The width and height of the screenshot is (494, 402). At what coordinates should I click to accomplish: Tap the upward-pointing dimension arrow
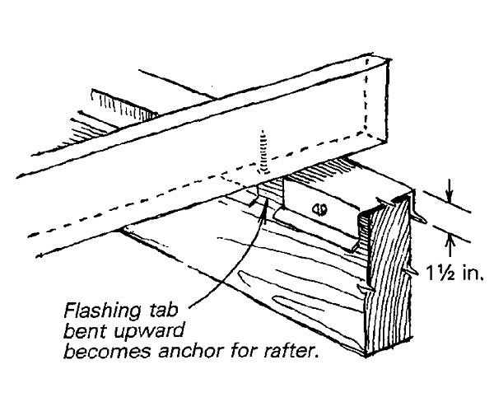coord(449,241)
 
